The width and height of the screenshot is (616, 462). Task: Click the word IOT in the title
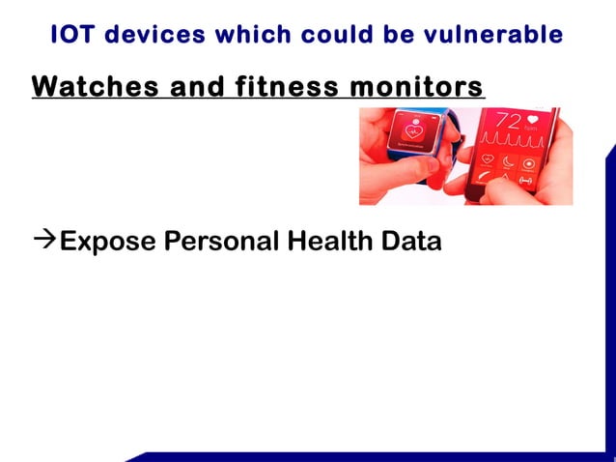[74, 35]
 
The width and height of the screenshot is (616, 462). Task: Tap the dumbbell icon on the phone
[526, 181]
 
